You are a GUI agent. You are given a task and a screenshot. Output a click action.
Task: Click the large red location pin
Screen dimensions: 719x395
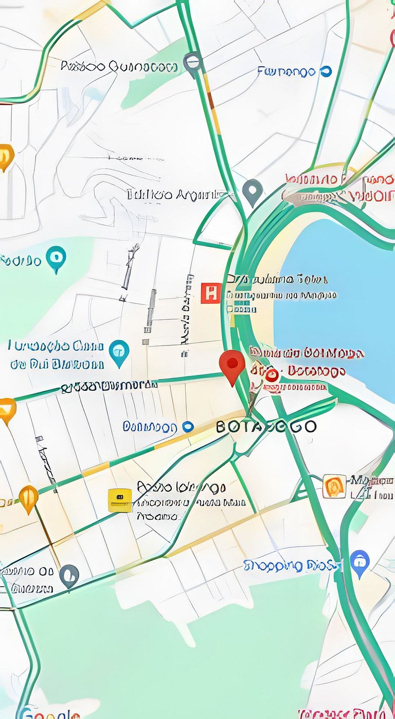tap(232, 365)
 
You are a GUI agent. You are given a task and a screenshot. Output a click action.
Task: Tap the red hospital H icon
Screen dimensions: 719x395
tap(211, 293)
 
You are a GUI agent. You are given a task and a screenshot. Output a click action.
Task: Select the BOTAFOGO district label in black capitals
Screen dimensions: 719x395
tap(266, 427)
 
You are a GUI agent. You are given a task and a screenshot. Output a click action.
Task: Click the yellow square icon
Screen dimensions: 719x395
tap(120, 500)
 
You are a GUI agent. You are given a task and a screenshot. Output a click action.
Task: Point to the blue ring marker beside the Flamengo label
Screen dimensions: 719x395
tap(326, 72)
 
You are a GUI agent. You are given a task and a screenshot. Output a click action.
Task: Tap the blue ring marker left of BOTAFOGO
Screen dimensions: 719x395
tap(188, 427)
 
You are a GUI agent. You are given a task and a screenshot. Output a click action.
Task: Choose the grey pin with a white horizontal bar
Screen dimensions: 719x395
tap(193, 63)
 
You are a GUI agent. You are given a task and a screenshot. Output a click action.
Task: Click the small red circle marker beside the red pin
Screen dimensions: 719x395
tap(272, 374)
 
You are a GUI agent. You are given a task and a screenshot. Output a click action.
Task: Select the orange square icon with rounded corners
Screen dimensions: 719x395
tap(334, 486)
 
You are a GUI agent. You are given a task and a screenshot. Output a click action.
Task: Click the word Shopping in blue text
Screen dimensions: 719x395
tap(273, 566)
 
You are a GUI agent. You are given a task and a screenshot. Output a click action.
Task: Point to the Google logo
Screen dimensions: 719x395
tap(49, 713)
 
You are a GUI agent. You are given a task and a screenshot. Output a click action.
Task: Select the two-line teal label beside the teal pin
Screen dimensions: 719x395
tap(57, 355)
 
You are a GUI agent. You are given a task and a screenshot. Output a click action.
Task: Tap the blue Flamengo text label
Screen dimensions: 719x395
tap(286, 72)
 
